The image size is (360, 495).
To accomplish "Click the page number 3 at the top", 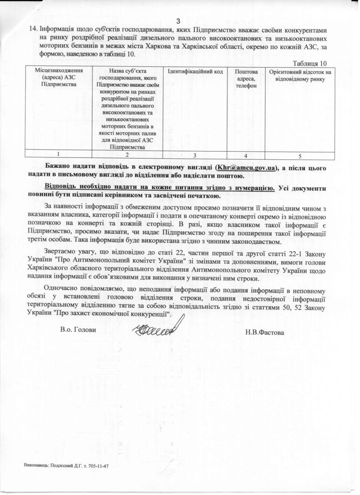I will tap(179, 21).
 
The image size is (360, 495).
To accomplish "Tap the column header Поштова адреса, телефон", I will tap(245, 79).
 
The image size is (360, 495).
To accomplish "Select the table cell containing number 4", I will tap(245, 155).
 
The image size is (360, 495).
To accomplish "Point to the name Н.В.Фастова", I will tap(265, 332).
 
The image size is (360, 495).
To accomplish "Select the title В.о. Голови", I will tap(78, 330).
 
